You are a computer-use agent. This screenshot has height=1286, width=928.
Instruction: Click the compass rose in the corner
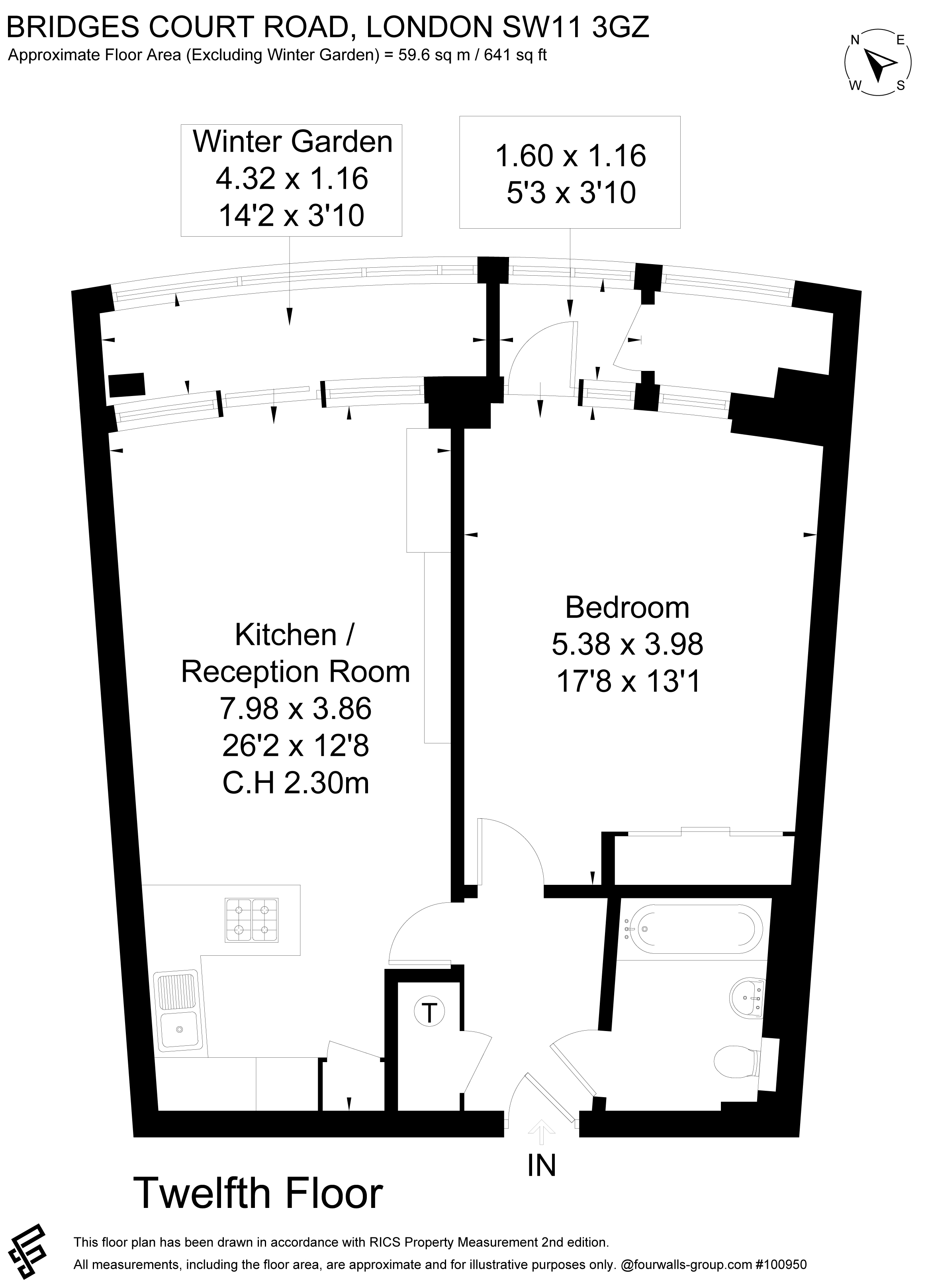coord(878,63)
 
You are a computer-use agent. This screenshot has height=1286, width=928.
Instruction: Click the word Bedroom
coord(627,607)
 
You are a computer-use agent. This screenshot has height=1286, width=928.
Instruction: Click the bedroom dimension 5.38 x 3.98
coord(627,643)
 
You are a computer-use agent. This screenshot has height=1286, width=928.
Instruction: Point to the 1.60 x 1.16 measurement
coord(570,155)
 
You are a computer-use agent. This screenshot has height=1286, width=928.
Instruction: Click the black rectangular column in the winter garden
coord(126,385)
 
